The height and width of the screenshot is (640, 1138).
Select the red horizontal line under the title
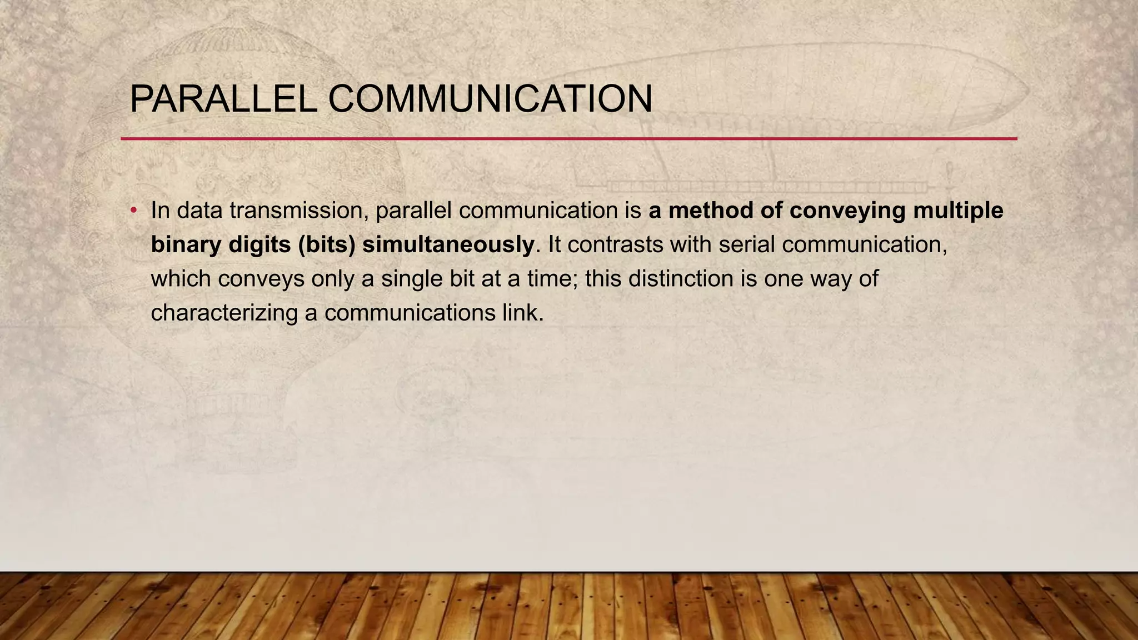pos(569,138)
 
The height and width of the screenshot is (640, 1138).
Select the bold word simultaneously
pos(448,245)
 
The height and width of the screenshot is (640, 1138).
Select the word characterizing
pos(224,313)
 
